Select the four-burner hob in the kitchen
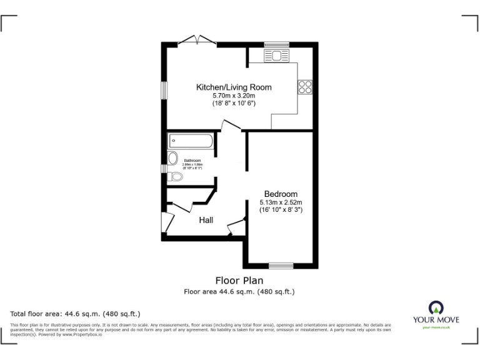(305, 87)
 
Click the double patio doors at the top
(197, 41)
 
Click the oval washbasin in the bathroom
(172, 157)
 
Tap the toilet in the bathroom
(176, 177)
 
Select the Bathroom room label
(192, 161)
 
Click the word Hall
(206, 220)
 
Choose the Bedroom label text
(281, 194)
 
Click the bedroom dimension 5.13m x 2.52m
(281, 202)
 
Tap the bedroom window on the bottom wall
(281, 265)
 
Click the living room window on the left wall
(164, 89)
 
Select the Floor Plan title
(239, 281)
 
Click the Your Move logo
(436, 313)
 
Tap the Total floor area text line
(76, 313)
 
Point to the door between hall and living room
(231, 126)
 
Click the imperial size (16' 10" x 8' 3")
(281, 210)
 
